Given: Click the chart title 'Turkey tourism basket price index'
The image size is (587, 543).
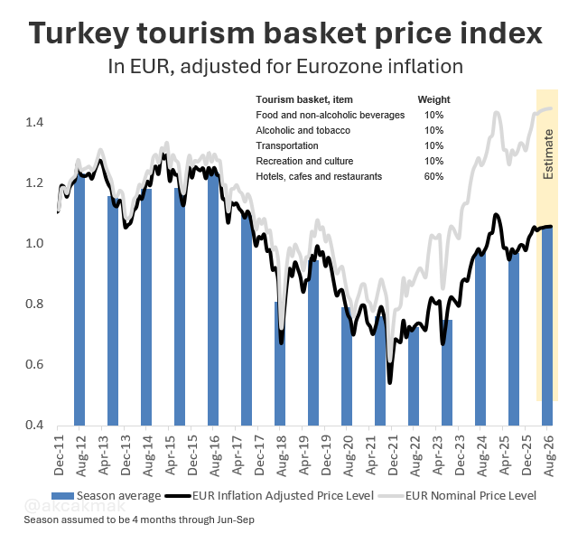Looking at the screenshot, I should click(x=286, y=34).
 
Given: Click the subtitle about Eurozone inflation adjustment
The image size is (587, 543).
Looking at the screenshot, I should click(x=285, y=67).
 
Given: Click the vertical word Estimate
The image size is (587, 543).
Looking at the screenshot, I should click(x=548, y=154).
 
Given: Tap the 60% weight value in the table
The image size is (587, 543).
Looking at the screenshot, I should click(x=433, y=176).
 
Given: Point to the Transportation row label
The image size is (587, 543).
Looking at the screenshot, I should click(x=286, y=145).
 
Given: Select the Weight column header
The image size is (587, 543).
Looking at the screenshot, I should click(x=433, y=99).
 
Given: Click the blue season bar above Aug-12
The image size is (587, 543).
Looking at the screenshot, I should click(x=79, y=298).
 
